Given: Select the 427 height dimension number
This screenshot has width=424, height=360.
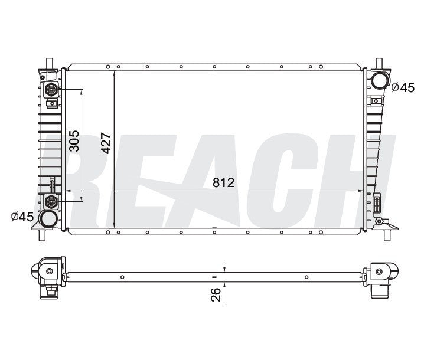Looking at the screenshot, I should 106,142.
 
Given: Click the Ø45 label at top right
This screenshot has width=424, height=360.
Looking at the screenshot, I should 403,87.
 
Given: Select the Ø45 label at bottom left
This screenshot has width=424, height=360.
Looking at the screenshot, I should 22,217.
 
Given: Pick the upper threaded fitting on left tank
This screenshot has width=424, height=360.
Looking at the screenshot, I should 52,90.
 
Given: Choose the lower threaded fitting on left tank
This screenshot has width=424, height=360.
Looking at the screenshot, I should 52,202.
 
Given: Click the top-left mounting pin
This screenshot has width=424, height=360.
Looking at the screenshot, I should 48,63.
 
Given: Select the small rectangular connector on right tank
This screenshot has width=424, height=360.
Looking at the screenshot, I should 377,204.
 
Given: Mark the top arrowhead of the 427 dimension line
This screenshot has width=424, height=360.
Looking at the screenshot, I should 113,68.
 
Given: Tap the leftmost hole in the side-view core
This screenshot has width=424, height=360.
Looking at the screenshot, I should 121,277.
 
